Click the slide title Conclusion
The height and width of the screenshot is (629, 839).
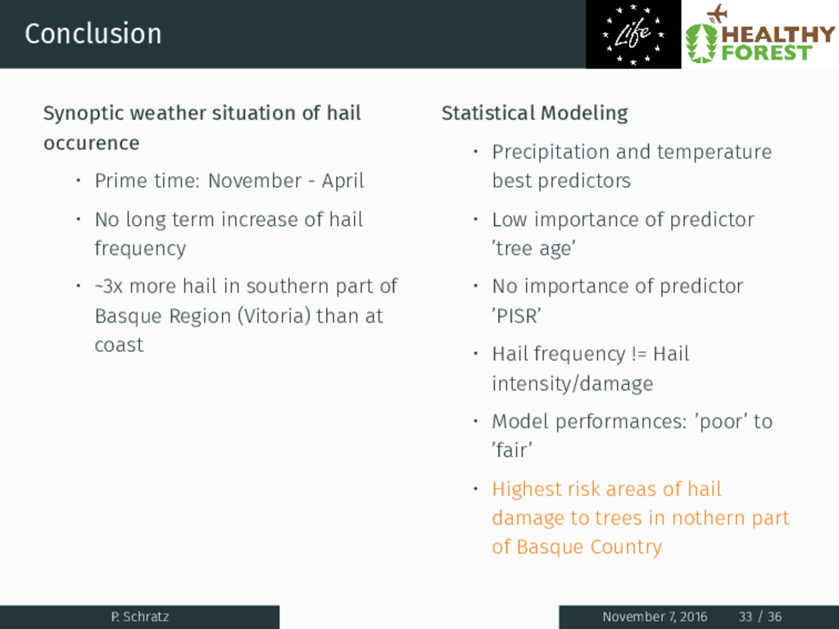coord(93,34)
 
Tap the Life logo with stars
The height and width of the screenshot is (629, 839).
coord(633,34)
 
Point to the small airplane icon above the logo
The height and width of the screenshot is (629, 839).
coord(717,13)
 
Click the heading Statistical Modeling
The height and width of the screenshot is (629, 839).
coord(534,113)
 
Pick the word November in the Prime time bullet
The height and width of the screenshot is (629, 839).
coord(255,181)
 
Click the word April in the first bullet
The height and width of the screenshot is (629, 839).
coord(342,181)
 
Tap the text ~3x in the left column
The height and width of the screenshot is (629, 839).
coord(109,286)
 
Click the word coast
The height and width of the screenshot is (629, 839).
coord(119,345)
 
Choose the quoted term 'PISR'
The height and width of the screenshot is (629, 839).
coord(516,316)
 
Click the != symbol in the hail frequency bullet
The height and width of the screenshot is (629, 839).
coord(639,354)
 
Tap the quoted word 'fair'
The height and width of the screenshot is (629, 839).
coord(512,450)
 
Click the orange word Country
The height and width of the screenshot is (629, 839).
coord(626,547)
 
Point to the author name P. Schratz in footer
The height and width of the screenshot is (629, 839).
coord(139,617)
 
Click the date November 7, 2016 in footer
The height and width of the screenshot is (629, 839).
coord(655,617)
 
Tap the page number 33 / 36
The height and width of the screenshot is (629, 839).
coord(760,617)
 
